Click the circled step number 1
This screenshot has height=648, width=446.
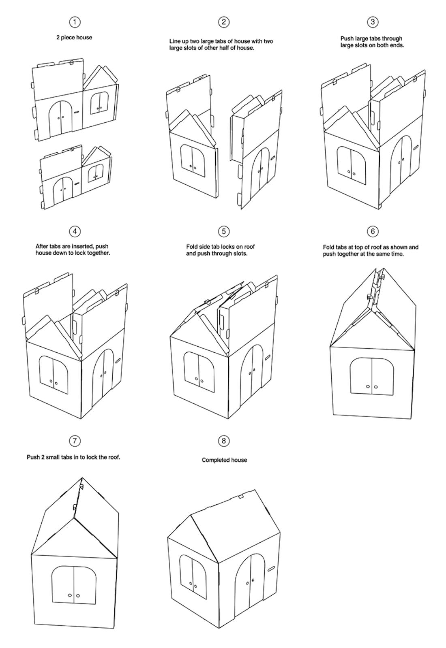click(75, 22)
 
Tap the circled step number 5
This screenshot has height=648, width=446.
click(224, 231)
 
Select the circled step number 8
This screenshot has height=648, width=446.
click(224, 441)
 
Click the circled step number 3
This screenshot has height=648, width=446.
click(372, 22)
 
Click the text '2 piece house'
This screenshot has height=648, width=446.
click(74, 37)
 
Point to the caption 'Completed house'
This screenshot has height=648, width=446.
click(224, 460)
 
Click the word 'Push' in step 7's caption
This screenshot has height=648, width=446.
click(33, 457)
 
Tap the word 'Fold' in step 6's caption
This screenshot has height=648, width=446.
click(329, 247)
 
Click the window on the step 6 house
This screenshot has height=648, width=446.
click(372, 376)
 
